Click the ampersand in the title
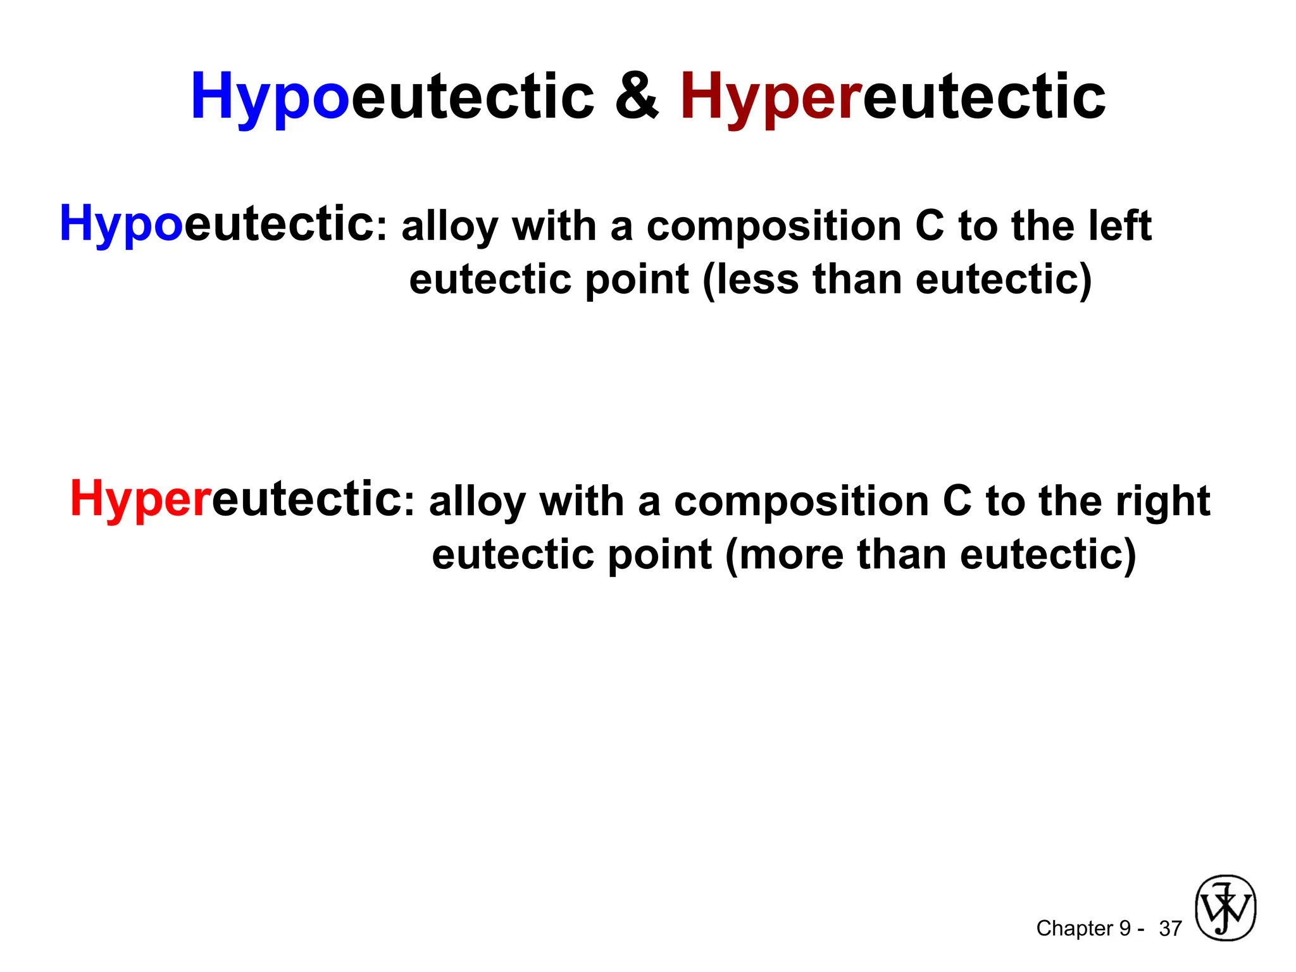(637, 96)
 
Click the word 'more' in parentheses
(790, 554)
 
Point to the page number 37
(1170, 928)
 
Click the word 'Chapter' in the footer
(1074, 928)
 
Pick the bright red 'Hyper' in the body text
(140, 499)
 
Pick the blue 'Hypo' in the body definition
(121, 224)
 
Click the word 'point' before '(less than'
(637, 280)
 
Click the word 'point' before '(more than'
(660, 556)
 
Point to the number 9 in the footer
(1125, 928)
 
